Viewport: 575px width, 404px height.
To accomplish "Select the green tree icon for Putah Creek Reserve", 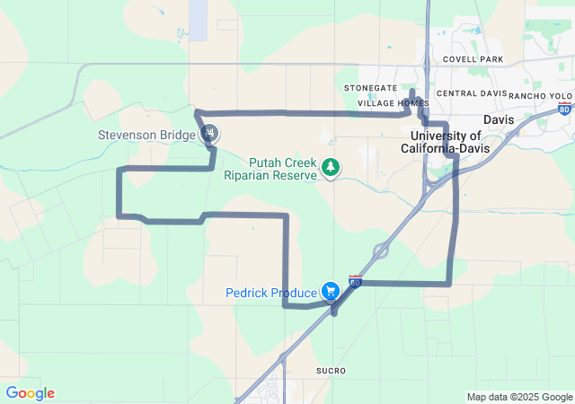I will pos(332,167).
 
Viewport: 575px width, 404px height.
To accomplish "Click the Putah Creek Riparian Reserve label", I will pos(270,169).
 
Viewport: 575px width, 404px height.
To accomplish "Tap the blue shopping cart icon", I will pos(332,291).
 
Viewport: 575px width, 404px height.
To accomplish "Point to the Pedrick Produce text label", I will pos(270,293).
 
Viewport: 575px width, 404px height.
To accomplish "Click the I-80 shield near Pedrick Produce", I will pos(356,282).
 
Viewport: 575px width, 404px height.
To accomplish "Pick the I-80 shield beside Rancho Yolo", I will pos(563,110).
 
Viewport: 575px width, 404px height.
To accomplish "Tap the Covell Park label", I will pos(473,59).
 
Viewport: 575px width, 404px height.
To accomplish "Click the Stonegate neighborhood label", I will pos(370,88).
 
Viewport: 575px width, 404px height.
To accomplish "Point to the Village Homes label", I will pos(393,103).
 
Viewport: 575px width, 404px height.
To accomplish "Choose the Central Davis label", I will pos(469,93).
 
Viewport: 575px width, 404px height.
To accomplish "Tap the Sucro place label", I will pos(331,370).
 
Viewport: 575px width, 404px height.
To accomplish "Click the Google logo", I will pos(30,393).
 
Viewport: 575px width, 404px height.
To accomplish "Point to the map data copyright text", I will pos(518,397).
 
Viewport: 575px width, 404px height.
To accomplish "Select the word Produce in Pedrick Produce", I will pos(295,293).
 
